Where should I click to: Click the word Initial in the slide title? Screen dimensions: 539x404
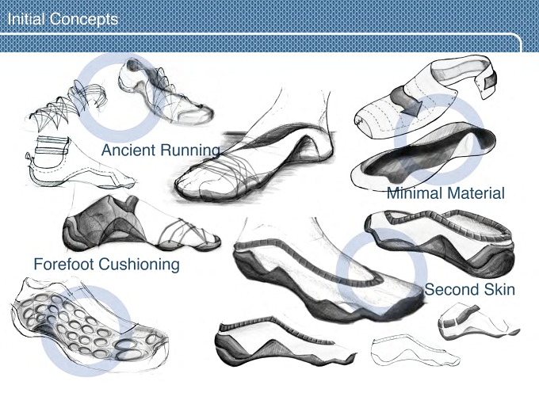[x=26, y=19]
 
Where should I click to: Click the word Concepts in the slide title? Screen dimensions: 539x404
[x=83, y=20]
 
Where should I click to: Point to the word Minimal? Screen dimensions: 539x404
[x=413, y=192]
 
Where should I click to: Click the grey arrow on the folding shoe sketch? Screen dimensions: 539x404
[x=407, y=101]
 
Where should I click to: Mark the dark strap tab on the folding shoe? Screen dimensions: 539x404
[x=491, y=81]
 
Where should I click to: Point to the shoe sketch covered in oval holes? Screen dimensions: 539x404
[x=90, y=326]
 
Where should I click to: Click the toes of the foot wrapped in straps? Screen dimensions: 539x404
[x=193, y=182]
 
